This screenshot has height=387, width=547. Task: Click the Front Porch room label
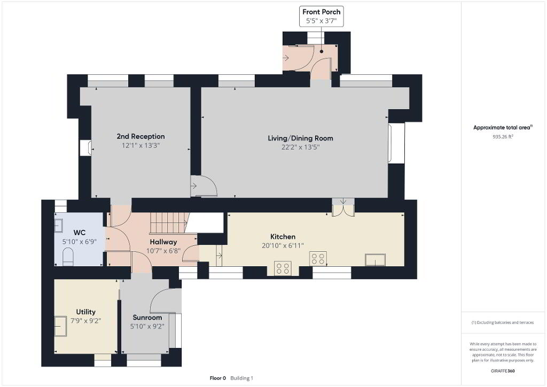(321, 12)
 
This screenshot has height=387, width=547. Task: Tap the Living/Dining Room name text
(300, 138)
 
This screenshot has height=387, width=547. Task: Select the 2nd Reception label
(140, 136)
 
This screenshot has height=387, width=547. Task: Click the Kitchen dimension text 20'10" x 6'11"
(283, 246)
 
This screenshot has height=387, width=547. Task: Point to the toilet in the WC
(68, 257)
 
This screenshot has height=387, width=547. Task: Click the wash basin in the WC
(59, 226)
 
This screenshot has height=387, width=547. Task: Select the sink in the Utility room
(61, 326)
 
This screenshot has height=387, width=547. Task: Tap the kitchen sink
(376, 260)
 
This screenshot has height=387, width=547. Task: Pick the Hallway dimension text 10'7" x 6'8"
(163, 251)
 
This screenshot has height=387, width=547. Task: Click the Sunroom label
(147, 318)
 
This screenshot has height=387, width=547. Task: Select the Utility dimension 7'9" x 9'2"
(86, 320)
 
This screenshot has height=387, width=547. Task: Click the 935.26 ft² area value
(503, 137)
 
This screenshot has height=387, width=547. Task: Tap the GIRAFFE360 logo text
(503, 371)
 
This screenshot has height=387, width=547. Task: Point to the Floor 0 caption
(218, 378)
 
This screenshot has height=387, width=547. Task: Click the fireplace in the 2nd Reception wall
(86, 148)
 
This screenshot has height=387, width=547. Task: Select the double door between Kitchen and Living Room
(343, 207)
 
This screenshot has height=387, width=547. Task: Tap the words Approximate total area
(502, 128)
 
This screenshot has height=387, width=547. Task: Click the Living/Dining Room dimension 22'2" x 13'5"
(300, 147)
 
